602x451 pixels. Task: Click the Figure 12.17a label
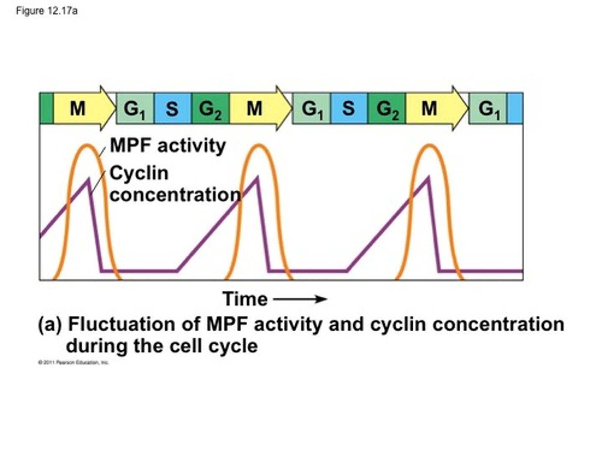[x=46, y=11]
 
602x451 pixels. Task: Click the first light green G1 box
[x=135, y=109]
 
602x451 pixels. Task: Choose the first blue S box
[x=172, y=109]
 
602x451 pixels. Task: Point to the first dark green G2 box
[x=210, y=109]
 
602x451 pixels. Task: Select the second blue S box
[x=349, y=109]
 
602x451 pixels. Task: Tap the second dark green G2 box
[x=387, y=109]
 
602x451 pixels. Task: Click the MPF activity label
[x=168, y=146]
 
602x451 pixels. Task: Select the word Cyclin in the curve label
[x=139, y=173]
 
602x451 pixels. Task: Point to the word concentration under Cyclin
[x=175, y=195]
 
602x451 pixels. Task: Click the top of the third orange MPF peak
[x=429, y=145]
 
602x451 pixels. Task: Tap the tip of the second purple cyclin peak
[x=257, y=178]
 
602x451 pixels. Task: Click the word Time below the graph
[x=245, y=299]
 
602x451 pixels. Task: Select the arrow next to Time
[x=300, y=299]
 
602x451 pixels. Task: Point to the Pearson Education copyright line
[x=74, y=362]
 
